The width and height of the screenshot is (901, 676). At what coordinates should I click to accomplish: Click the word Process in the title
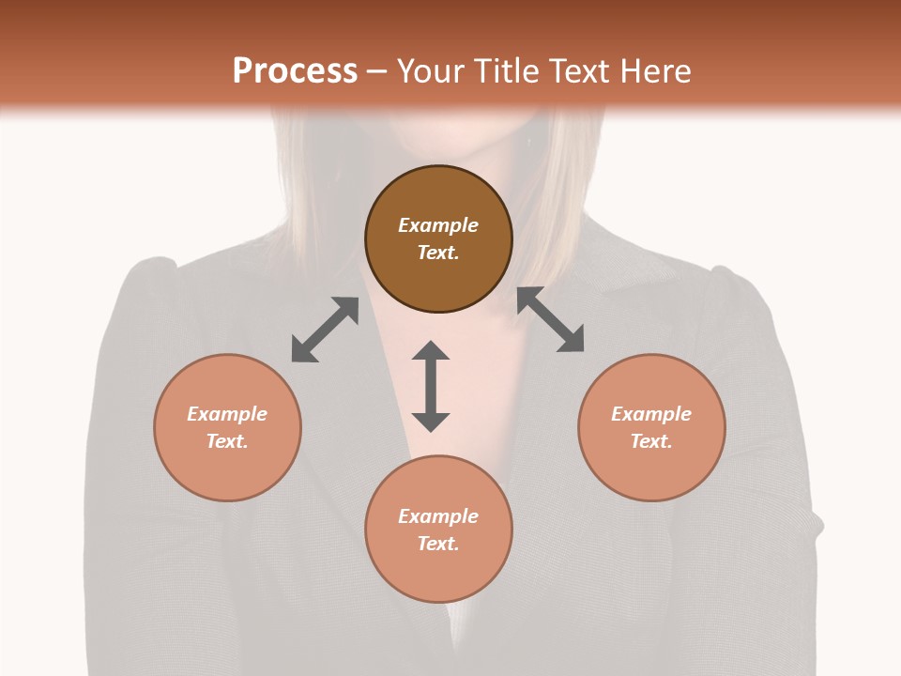295,71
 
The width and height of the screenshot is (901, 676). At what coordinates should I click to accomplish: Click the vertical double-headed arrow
431,386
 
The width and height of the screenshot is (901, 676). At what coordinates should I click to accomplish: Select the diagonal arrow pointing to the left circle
325,330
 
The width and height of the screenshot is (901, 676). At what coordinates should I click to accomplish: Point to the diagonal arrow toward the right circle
551,319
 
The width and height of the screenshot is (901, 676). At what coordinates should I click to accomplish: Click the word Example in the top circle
438,225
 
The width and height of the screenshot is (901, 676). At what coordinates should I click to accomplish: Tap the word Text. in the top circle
438,253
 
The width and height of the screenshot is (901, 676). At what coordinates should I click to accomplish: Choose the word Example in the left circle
227,414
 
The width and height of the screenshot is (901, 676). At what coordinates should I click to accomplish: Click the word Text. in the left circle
227,441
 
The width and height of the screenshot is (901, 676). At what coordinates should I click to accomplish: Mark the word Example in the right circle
651,414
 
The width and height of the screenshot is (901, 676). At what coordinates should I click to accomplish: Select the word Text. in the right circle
651,441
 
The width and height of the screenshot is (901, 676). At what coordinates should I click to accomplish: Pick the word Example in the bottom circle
438,516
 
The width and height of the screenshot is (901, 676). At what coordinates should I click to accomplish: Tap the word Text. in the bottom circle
438,544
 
